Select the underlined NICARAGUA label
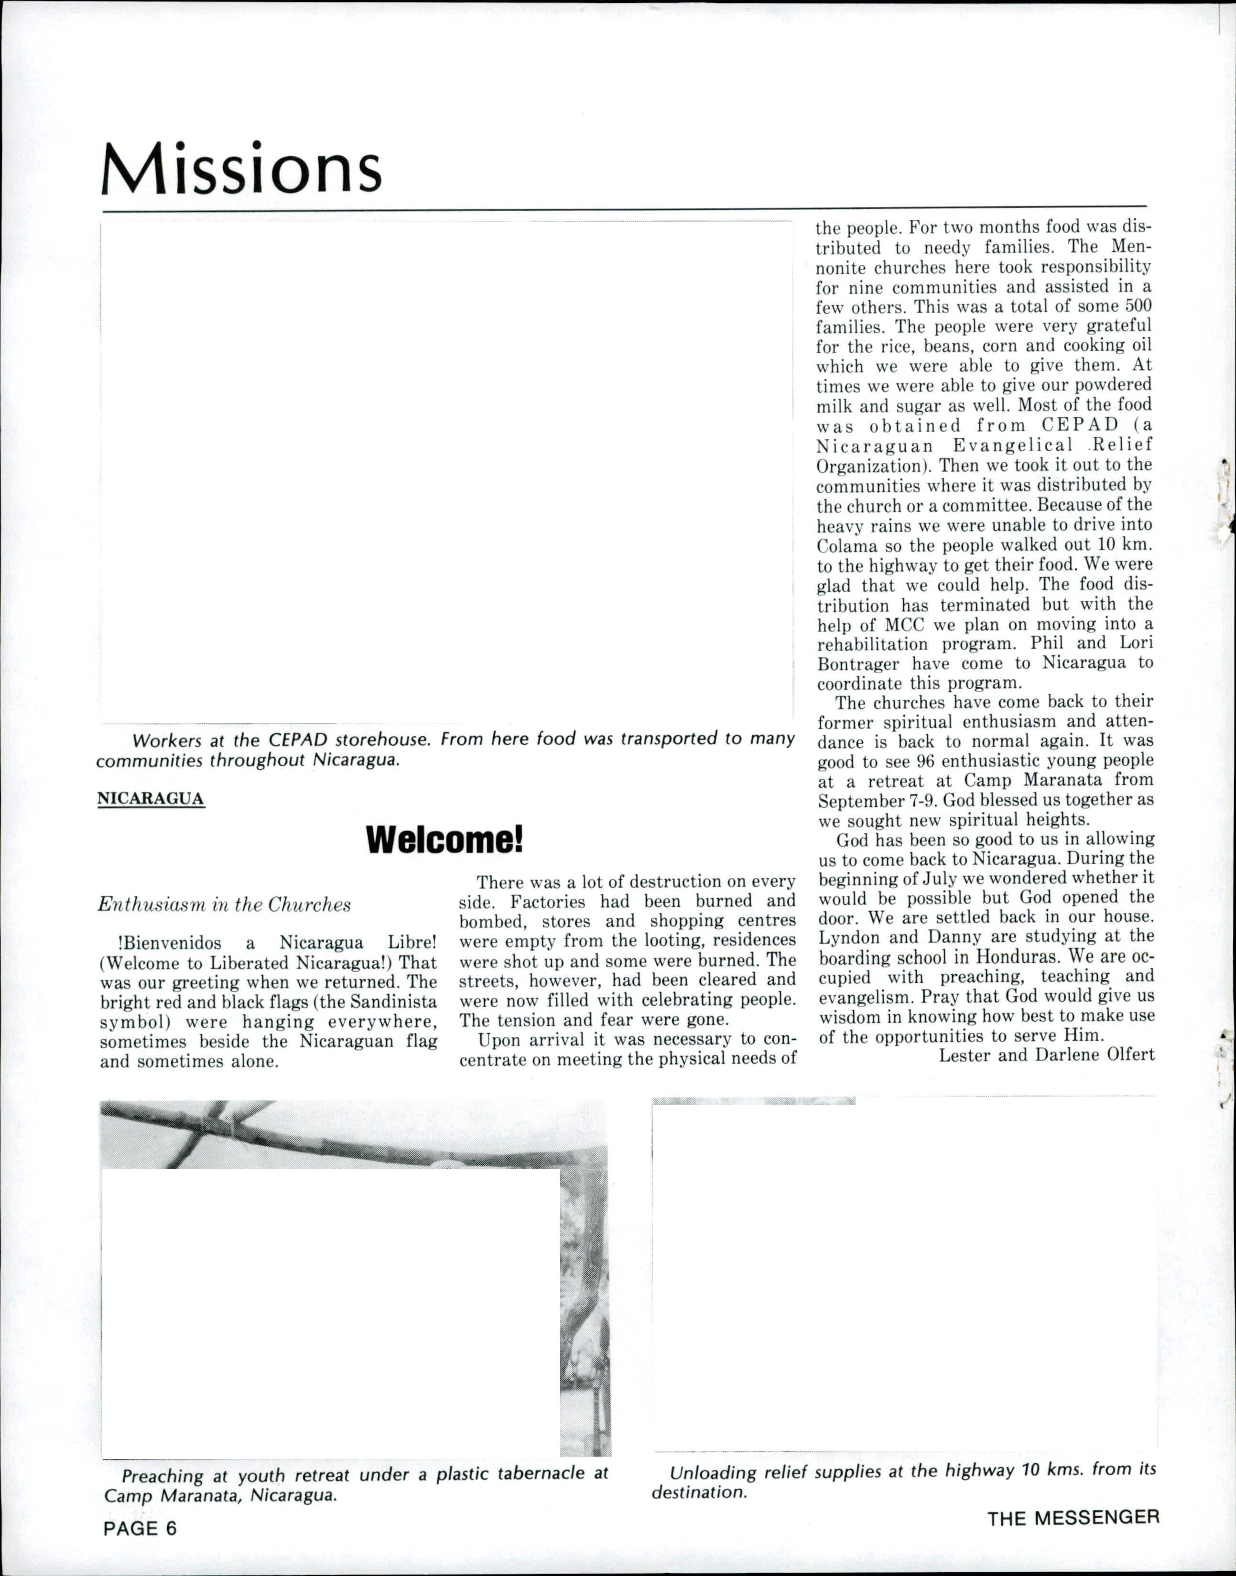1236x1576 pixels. (x=151, y=798)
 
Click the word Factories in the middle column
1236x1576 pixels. (x=551, y=902)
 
